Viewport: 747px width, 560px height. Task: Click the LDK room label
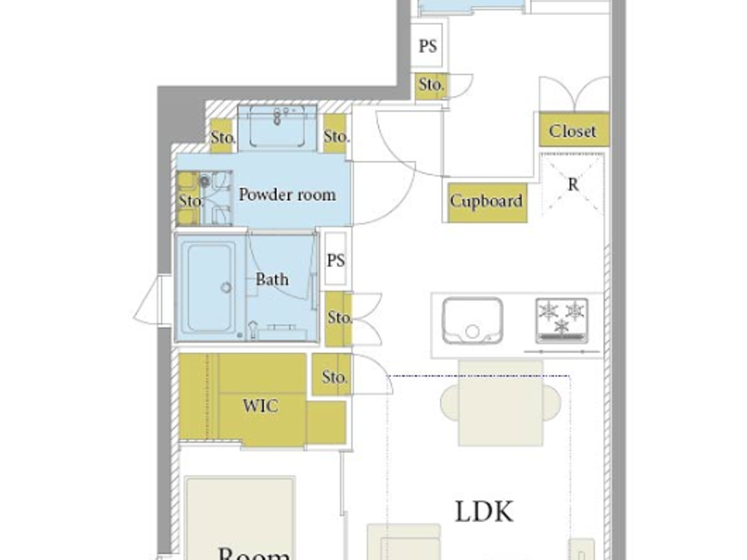coord(484,511)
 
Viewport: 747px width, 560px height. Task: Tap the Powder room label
coord(287,195)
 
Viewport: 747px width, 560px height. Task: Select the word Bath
coord(272,279)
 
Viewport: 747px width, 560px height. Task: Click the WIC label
coord(260,406)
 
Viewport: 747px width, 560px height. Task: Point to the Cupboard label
coord(486,201)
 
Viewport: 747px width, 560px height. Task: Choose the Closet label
coord(573,131)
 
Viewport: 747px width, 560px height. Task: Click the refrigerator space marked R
coord(573,185)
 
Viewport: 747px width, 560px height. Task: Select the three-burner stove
coord(561,319)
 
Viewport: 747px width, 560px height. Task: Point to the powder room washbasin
coord(277,127)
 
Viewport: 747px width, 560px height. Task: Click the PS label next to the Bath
coord(336,260)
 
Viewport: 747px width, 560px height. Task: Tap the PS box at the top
coord(427,46)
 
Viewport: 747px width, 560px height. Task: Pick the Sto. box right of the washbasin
coord(335,136)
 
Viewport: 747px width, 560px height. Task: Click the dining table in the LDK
coord(500,403)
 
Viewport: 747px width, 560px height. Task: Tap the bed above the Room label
coord(240,512)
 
